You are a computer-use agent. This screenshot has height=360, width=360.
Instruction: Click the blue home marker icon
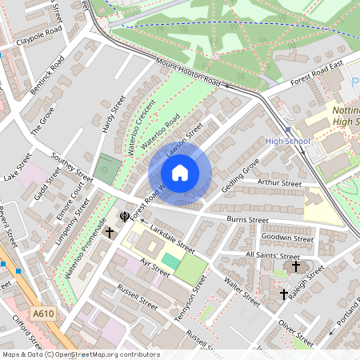click(x=180, y=173)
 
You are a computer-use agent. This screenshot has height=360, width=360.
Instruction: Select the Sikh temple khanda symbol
click(x=125, y=216)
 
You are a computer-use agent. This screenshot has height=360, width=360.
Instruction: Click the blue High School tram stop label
click(x=286, y=142)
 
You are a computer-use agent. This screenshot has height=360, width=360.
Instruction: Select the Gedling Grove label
click(x=241, y=174)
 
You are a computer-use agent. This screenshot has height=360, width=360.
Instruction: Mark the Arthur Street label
click(x=279, y=183)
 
